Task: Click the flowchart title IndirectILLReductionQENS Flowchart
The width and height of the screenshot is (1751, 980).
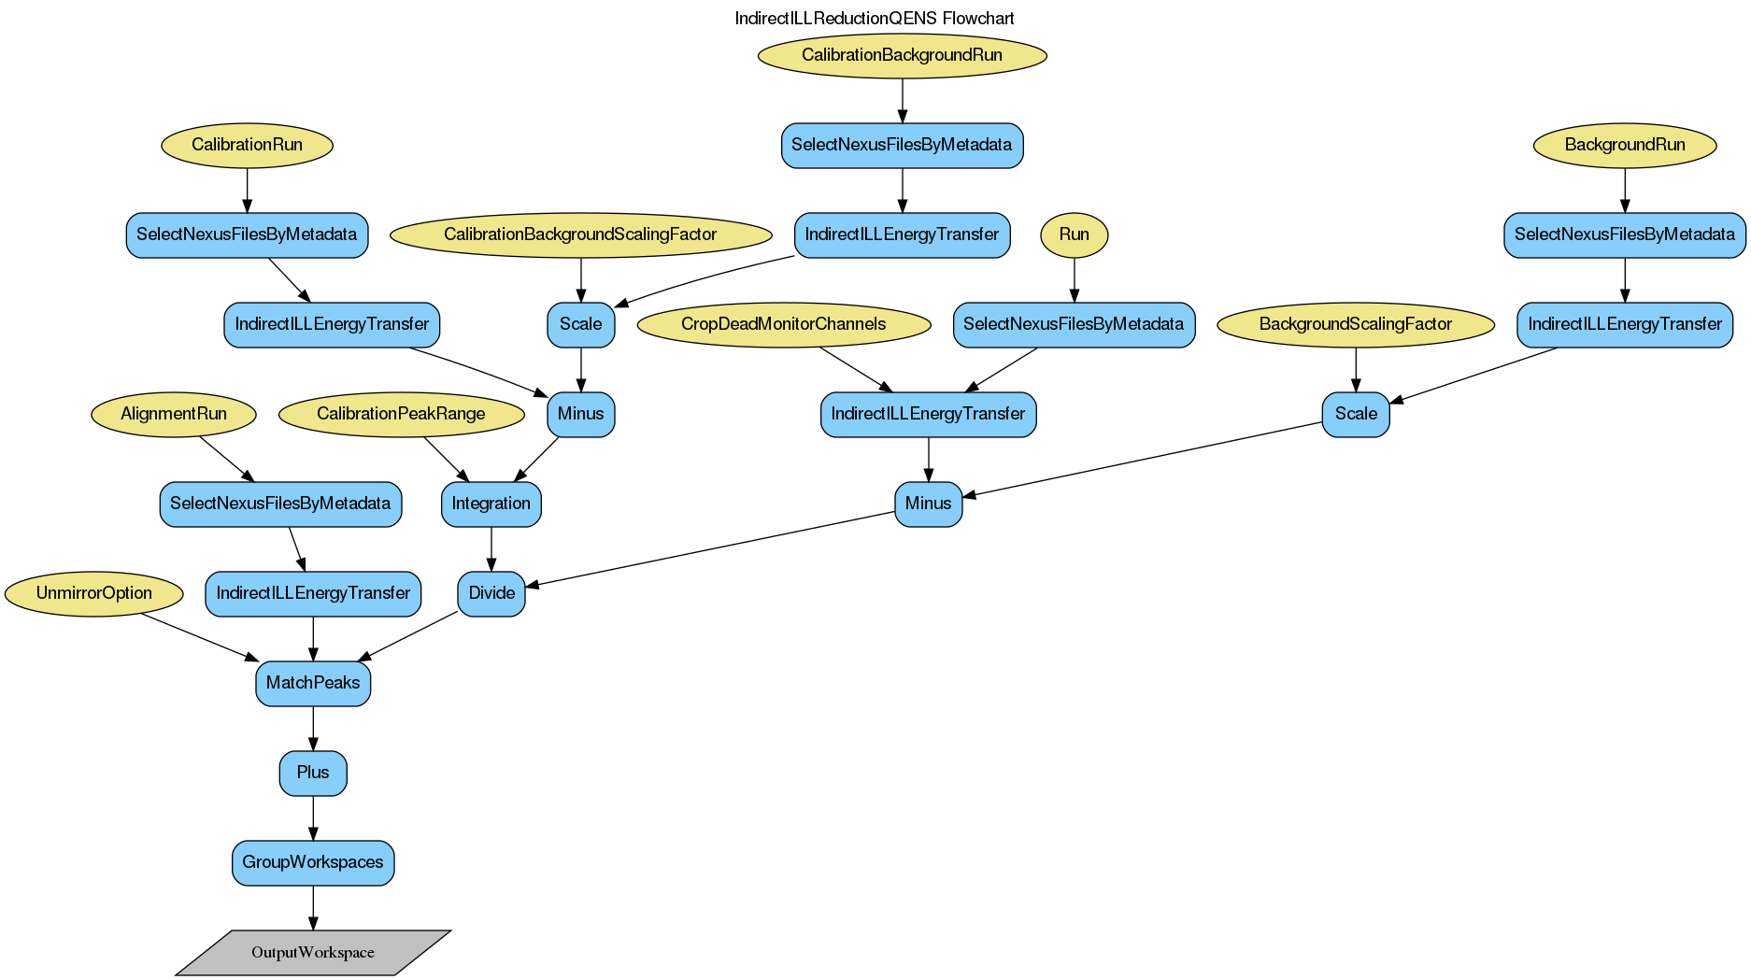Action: coord(875,19)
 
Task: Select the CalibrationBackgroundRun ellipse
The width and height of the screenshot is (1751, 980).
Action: coord(902,55)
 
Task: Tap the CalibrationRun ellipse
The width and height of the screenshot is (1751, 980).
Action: coord(247,145)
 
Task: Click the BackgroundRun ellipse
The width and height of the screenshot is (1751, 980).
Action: coord(1624,145)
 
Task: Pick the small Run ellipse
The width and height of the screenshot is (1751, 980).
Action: coord(1074,234)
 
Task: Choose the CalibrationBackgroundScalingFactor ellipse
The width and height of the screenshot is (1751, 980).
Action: coord(580,234)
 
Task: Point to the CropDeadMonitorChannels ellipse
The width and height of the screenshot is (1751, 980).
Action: coord(783,324)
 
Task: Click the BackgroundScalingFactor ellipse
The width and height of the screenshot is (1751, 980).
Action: coord(1355,324)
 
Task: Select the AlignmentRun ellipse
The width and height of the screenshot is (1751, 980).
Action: coord(174,414)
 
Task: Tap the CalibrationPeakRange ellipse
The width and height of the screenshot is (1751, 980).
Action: coord(401,414)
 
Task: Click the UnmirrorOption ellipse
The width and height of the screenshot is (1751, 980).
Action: coord(93,593)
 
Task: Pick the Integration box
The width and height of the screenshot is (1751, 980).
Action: coord(491,504)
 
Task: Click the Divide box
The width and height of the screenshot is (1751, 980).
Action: coord(491,593)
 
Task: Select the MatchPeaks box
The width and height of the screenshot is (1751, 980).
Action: coord(313,683)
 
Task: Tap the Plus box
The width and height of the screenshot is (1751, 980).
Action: coord(313,773)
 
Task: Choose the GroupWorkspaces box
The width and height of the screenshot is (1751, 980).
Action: coord(313,862)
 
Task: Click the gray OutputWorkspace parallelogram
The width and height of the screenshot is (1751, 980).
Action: coord(313,952)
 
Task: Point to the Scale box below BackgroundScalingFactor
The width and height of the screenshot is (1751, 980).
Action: coord(1355,414)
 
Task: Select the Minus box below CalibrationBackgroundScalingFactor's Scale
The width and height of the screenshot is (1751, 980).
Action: coord(580,414)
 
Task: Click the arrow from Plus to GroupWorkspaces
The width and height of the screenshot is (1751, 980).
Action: coord(313,817)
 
